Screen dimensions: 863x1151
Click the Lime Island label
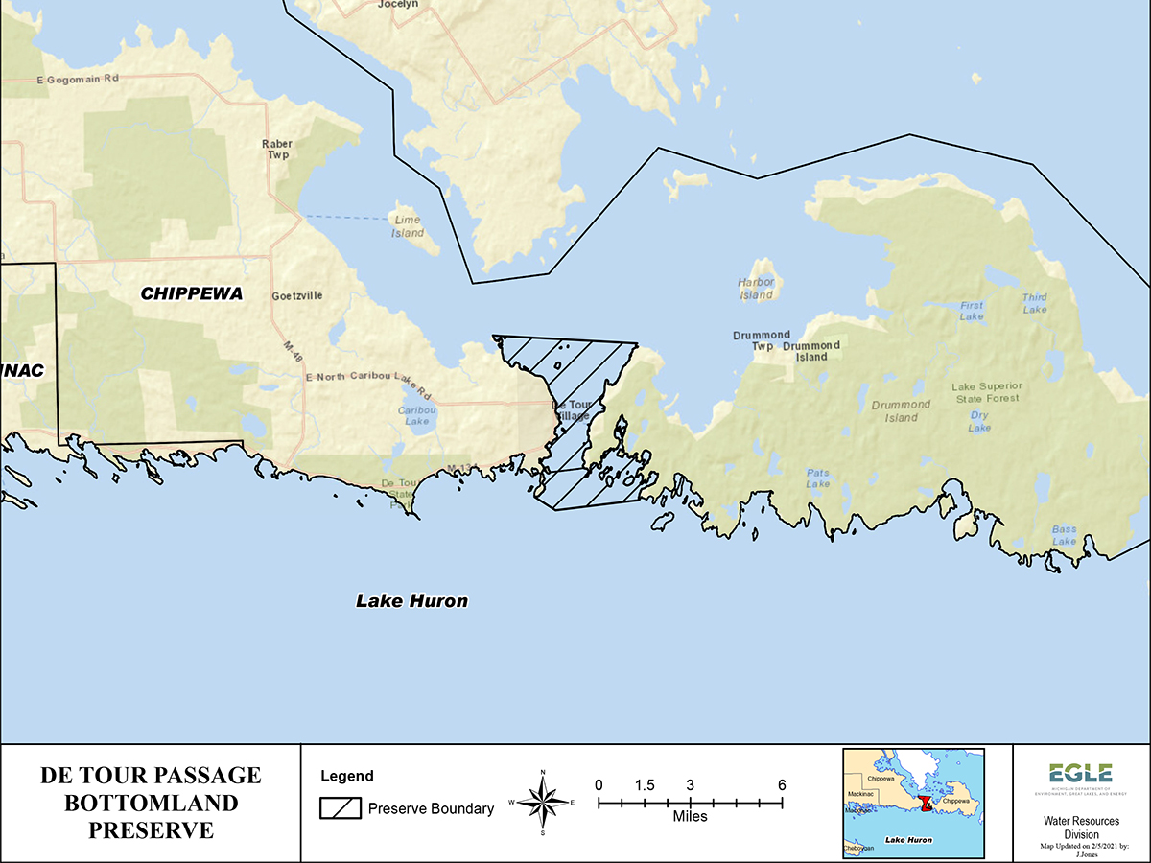408,226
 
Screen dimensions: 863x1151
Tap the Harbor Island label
756,289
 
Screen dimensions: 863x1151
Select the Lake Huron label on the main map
411,601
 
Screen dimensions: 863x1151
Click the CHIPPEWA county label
192,293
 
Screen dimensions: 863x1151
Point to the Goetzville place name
297,296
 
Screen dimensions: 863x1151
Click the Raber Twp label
277,150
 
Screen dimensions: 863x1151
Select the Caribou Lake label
417,415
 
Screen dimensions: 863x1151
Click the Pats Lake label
818,478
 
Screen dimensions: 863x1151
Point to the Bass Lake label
1064,535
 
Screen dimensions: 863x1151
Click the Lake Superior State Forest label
987,391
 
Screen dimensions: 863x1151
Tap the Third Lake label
1035,303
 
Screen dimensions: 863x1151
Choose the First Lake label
972,311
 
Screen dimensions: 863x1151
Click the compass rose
543,802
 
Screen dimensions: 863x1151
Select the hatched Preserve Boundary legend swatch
340,808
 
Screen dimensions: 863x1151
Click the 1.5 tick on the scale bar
645,785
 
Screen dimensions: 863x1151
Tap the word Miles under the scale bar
690,817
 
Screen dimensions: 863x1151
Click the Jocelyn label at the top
399,5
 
